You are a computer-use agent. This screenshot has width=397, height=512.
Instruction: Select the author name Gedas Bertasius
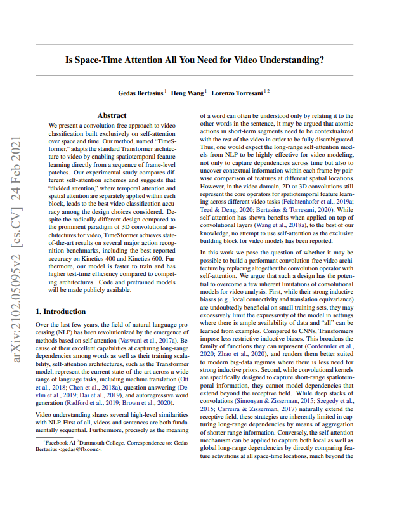click(140, 93)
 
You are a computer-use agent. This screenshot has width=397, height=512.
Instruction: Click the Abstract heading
click(112, 115)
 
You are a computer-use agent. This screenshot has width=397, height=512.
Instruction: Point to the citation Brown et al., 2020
click(152, 402)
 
